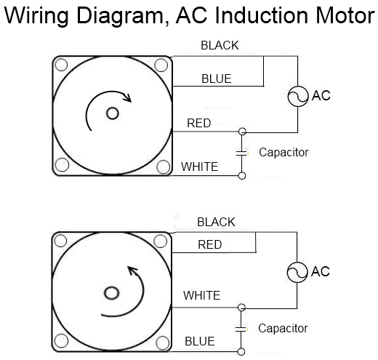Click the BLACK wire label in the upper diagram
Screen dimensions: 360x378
point(220,46)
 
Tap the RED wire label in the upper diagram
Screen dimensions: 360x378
point(199,123)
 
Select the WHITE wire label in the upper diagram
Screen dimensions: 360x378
point(199,167)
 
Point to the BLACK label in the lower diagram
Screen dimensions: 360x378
point(216,222)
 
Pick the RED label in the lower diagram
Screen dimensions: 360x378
point(210,245)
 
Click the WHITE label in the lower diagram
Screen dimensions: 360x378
point(202,295)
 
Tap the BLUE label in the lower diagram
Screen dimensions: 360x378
point(199,340)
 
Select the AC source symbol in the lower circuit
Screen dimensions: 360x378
point(297,272)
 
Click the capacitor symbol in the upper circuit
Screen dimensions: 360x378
point(242,153)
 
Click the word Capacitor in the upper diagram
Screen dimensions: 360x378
point(283,153)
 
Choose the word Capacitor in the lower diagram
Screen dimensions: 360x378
point(283,329)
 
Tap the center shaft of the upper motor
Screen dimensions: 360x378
point(112,113)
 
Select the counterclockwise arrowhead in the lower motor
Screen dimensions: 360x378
point(133,271)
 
